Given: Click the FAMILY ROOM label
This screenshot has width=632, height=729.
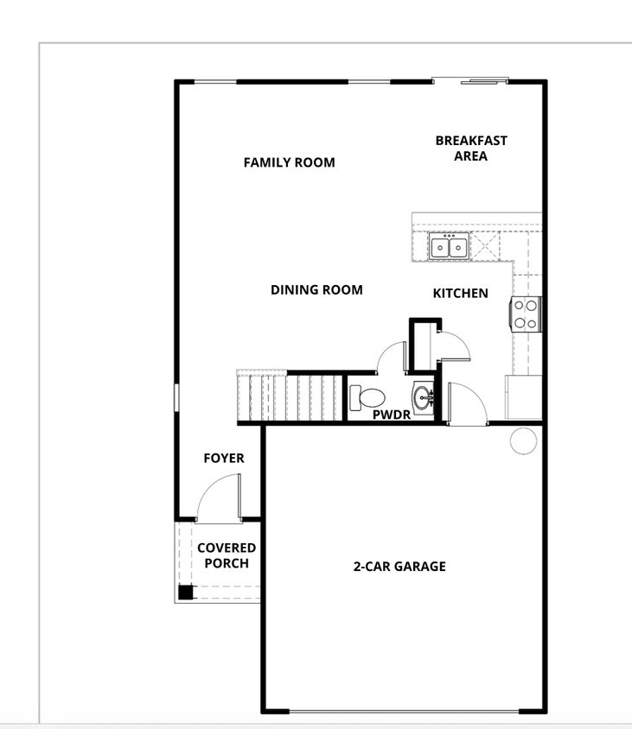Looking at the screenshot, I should tap(289, 162).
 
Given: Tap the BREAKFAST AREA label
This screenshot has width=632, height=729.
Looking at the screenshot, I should tap(470, 148).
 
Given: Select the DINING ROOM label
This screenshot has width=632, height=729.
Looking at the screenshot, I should tap(316, 290).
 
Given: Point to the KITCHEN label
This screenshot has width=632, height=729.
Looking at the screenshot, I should tap(460, 294).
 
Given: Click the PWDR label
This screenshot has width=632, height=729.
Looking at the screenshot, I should tap(391, 415).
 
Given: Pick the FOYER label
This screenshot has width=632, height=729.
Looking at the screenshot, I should tap(224, 459).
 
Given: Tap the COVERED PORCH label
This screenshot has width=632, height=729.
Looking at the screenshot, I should tap(227, 555).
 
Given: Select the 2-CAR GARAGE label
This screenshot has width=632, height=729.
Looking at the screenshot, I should tap(399, 567).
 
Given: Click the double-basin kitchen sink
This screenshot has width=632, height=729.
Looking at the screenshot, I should tap(449, 247).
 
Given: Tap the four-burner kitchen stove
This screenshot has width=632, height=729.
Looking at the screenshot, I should tap(527, 314).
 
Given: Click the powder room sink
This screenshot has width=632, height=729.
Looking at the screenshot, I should tap(423, 398).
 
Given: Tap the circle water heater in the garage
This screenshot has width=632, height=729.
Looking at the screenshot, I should tap(523, 441).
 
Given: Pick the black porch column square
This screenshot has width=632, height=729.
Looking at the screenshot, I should tap(185, 593).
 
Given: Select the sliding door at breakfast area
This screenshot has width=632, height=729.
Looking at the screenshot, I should tap(476, 82).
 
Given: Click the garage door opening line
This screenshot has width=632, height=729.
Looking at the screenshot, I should tap(404, 712).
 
